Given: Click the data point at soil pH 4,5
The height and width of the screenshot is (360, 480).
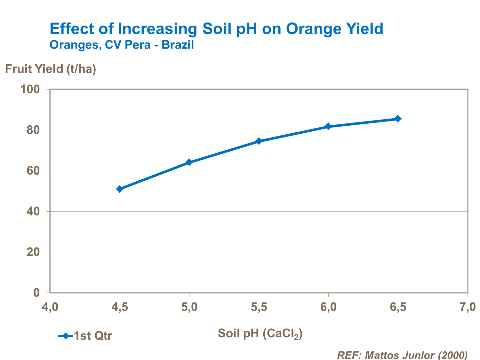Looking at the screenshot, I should (120, 189).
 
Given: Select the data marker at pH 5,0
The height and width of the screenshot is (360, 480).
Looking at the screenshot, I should (189, 162).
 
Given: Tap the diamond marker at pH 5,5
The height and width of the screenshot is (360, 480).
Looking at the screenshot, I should (259, 141).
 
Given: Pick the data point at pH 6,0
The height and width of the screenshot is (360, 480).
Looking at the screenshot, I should (328, 126).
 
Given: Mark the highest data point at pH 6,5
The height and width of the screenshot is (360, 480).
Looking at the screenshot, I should (398, 119).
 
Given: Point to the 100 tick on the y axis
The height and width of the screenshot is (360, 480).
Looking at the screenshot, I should (30, 89).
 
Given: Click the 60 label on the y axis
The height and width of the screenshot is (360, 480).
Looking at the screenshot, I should (33, 171).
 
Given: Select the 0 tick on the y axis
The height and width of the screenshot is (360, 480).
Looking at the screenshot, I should (36, 293).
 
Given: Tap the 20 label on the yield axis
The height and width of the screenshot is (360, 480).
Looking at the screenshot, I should (33, 252).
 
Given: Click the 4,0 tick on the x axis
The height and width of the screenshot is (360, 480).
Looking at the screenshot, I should (50, 307).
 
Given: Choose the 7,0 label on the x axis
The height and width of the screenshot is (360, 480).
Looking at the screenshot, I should (468, 307).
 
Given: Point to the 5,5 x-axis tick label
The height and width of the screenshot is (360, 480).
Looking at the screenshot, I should (259, 307).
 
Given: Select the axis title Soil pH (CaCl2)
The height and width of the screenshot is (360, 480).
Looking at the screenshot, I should (260, 333).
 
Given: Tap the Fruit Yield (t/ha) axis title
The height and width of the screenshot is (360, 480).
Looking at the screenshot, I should (51, 69).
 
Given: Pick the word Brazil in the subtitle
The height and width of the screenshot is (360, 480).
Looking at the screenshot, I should (178, 45).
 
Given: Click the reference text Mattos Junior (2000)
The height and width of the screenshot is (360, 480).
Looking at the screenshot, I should (416, 355).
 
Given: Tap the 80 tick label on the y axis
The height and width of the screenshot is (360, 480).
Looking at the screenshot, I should (33, 130).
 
